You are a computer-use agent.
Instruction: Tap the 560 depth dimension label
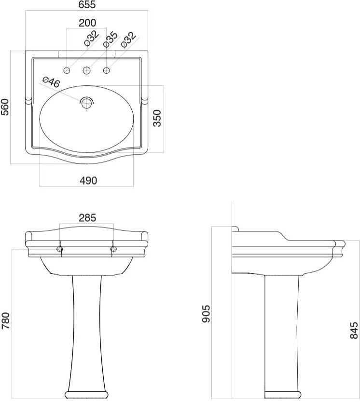[x=5, y=107]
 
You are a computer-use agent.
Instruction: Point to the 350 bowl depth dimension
[x=157, y=118]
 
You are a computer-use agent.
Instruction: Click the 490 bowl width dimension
[x=88, y=180]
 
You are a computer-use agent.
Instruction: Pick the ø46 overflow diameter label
[x=51, y=82]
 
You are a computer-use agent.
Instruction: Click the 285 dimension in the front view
[x=87, y=218]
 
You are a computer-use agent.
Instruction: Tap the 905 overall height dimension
[x=206, y=313]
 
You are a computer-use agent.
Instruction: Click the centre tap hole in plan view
[x=87, y=71]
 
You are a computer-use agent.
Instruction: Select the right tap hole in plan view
[x=107, y=71]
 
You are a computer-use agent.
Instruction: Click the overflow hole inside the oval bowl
[x=87, y=102]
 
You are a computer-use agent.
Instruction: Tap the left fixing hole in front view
[x=60, y=249]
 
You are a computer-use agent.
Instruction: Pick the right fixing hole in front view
[x=114, y=249]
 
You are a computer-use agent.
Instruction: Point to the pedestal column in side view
[x=281, y=333]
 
